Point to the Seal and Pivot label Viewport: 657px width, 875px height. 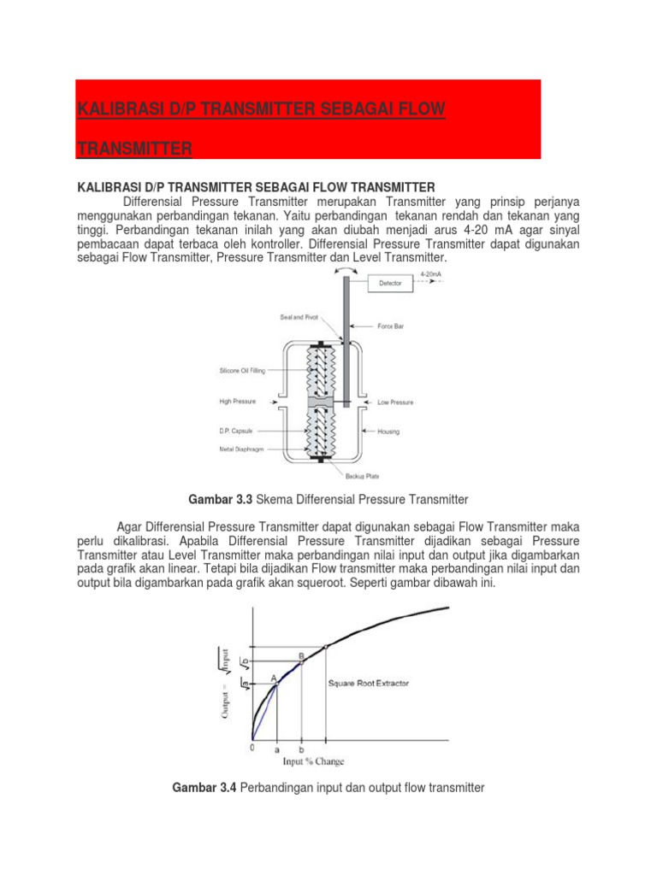pyautogui.click(x=299, y=317)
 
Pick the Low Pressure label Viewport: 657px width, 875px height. pyautogui.click(x=395, y=401)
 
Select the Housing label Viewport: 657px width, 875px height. pyautogui.click(x=388, y=432)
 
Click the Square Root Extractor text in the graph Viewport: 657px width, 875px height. pyautogui.click(x=369, y=684)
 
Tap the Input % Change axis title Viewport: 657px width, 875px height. pyautogui.click(x=314, y=761)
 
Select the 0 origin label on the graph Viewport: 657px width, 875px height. pyautogui.click(x=252, y=748)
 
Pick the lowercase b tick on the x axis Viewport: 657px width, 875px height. pyautogui.click(x=301, y=749)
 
